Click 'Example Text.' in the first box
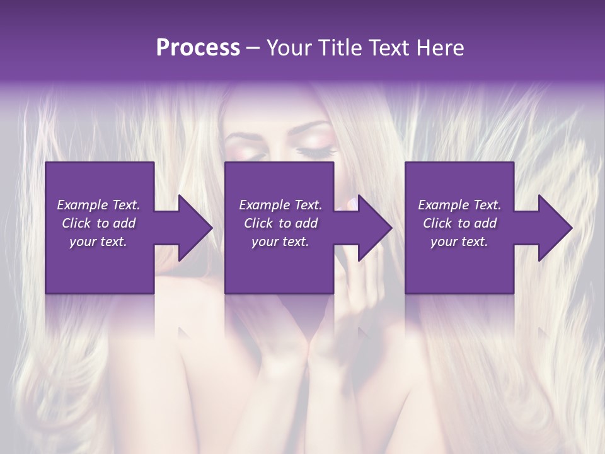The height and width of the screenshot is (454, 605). (x=98, y=205)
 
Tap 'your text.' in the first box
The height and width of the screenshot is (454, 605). (x=98, y=242)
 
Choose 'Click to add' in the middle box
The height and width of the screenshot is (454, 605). (x=280, y=223)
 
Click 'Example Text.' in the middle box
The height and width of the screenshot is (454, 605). (x=280, y=205)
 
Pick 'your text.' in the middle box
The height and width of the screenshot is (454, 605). (x=280, y=242)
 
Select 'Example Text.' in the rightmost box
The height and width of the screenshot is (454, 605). (x=459, y=205)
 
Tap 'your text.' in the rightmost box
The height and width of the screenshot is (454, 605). (x=459, y=242)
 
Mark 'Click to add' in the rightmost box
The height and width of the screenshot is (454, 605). (x=459, y=223)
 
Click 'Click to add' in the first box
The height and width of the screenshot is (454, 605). (x=98, y=223)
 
